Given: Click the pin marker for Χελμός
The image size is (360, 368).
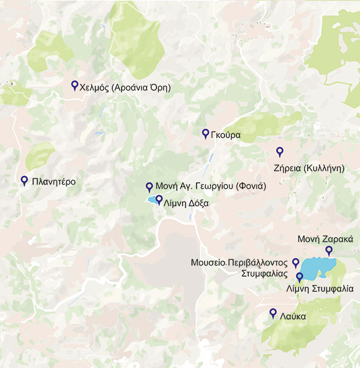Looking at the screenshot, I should pos(74,85).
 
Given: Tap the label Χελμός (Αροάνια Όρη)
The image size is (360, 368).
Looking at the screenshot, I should pos(125,87).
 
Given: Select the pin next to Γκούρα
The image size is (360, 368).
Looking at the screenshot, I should pos(205,133).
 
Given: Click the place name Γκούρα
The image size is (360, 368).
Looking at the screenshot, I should pos(226,136).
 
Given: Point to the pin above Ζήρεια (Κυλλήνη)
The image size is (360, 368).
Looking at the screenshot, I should pos(280,151).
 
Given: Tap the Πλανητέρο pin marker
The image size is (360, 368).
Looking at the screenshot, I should pos(24,181).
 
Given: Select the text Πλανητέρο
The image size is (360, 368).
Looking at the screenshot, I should pos(55,182).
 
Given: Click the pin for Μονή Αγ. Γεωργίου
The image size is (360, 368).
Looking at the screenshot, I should pos(149,186).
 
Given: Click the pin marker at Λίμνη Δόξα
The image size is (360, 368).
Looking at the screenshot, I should pos(159,200).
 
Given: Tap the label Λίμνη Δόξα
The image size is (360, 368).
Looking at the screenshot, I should pos(186,204).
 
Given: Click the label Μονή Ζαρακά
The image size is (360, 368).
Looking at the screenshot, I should pos(325,239).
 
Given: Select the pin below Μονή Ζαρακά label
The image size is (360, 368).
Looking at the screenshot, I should pos(329,250).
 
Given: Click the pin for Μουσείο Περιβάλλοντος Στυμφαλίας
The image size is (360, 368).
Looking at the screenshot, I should pos(295,263).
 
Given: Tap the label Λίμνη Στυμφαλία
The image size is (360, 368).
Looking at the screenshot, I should pos(320,289).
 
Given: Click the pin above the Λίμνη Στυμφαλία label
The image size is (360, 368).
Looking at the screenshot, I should pos(300,277).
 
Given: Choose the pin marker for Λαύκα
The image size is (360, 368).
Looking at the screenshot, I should pos(273,313).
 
